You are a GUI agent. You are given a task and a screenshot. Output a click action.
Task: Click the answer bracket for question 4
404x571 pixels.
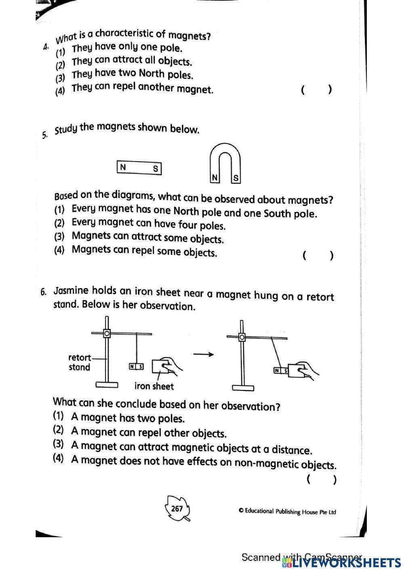pos(316,89)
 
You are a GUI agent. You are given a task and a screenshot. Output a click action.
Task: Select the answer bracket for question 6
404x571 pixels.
pos(321,480)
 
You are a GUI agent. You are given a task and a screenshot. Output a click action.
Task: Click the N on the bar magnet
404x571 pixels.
pos(123,167)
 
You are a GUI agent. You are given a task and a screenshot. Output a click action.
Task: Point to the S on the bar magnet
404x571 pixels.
pos(155,169)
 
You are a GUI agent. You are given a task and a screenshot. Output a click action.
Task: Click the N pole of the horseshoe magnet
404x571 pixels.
pos(215,178)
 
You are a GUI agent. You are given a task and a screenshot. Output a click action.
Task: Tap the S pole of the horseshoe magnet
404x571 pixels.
pos(236,178)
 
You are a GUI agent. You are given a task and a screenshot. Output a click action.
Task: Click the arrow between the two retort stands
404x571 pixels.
pos(203,354)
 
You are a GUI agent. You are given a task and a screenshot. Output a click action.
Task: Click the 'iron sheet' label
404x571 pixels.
pos(154,386)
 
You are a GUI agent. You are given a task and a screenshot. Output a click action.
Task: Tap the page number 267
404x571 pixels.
pos(177,509)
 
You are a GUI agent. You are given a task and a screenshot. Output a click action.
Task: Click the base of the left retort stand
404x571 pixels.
pos(107,385)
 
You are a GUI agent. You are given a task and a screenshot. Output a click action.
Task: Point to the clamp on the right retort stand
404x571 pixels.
pos(242,337)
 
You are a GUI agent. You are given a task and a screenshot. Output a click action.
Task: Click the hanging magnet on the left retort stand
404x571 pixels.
pos(136,367)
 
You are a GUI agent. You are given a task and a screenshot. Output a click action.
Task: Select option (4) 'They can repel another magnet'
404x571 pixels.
pos(142,88)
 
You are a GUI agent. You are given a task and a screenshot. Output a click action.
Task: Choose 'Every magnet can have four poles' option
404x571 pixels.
pos(148,224)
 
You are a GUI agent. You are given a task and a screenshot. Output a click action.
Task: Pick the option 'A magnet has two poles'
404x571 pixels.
pos(128,418)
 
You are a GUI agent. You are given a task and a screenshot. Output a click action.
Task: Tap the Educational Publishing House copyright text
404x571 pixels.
pos(287,512)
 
